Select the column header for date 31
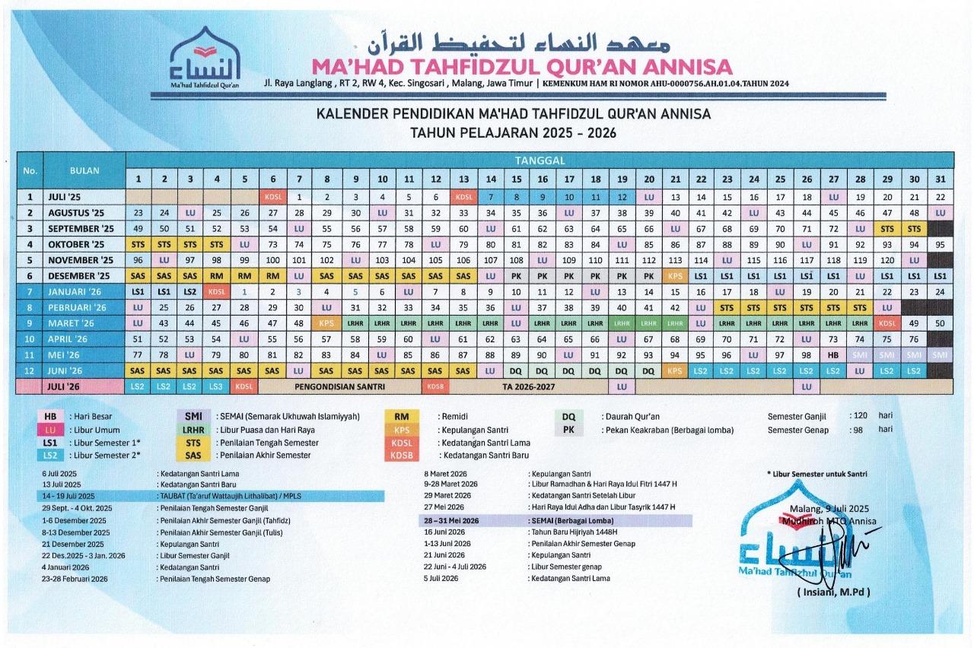click(940, 179)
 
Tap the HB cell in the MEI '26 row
click(832, 355)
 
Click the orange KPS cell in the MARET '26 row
click(326, 323)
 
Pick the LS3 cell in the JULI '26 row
click(217, 386)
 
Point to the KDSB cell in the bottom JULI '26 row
click(434, 386)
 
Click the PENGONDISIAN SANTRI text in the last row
click(339, 386)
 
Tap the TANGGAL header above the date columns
click(538, 160)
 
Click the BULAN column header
click(84, 170)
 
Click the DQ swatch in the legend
click(569, 417)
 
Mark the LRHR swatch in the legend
click(188, 430)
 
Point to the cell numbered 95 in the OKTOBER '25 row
click(940, 245)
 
